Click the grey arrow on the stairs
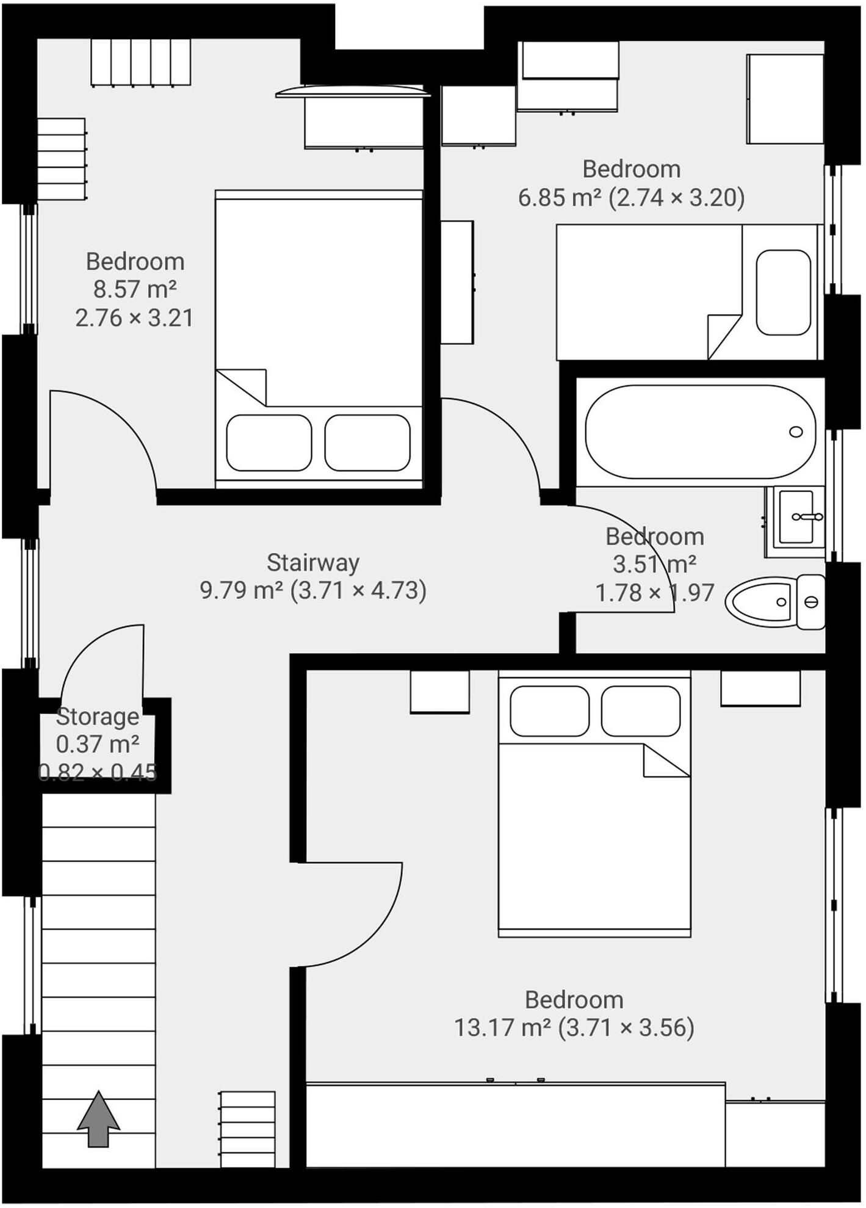(x=98, y=1119)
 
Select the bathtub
(x=700, y=432)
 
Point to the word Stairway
(x=313, y=562)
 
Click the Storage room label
(x=98, y=717)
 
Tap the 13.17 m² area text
(x=502, y=1027)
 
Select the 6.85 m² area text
(x=560, y=198)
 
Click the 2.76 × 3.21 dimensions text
(x=134, y=318)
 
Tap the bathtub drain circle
(x=796, y=432)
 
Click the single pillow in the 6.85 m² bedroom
(x=784, y=292)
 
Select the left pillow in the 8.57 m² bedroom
(x=269, y=443)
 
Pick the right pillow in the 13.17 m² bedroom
(x=640, y=711)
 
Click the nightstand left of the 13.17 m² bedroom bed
(x=439, y=692)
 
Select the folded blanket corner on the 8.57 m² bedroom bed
(x=244, y=385)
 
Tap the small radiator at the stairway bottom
(x=247, y=1129)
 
